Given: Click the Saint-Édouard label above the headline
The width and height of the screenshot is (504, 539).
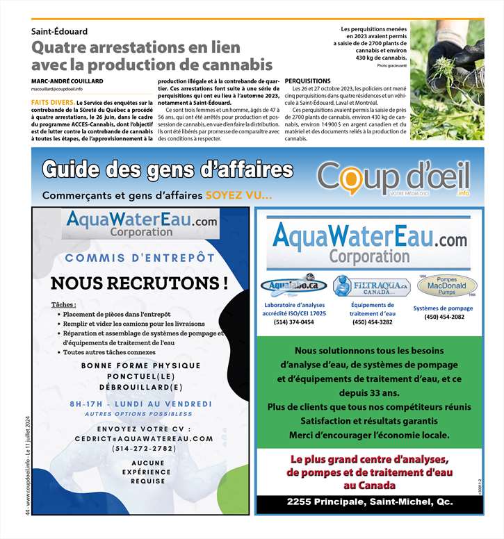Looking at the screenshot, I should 59,32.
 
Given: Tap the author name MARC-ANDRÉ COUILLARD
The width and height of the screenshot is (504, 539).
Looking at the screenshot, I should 67,81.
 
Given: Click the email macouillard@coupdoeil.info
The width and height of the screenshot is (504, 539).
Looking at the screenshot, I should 57,89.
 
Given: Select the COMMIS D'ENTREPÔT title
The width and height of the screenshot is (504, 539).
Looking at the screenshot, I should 140,258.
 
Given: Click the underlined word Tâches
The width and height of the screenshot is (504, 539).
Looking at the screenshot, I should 64,304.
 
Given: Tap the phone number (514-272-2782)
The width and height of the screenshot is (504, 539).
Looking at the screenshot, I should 144,449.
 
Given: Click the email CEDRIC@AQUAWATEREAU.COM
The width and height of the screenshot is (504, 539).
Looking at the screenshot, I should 145,439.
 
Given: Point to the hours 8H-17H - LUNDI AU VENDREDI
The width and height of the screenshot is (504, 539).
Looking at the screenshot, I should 140,404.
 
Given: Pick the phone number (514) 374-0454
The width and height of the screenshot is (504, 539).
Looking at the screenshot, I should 293,322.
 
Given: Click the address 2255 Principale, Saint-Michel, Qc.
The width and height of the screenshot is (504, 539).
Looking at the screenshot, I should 369,501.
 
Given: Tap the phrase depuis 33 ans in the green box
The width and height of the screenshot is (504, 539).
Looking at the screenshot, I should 369,393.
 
